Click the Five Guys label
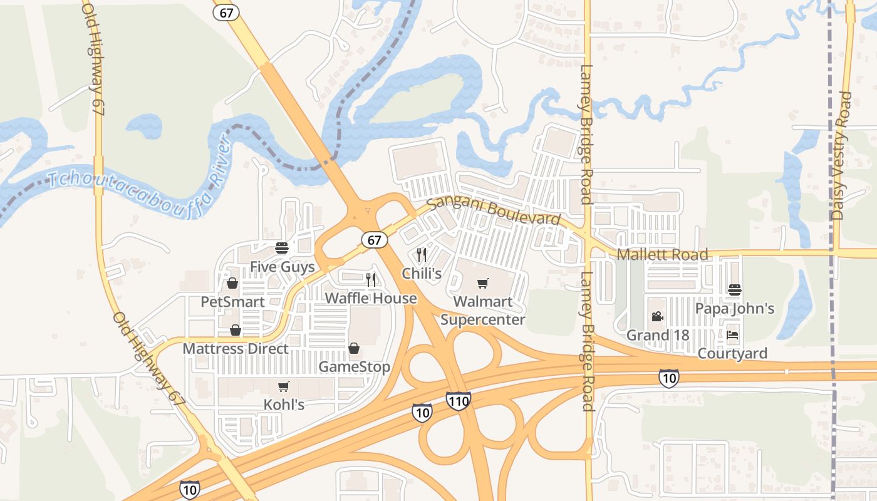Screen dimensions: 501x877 [282, 267]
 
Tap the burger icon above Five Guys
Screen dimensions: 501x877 [281, 248]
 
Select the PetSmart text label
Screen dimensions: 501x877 [232, 302]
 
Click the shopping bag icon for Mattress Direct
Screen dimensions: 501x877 [236, 330]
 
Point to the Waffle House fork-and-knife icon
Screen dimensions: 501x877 [371, 279]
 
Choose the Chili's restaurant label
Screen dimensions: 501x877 [422, 274]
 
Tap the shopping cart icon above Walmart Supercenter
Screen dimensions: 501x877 [482, 284]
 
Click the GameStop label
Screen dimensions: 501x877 [354, 366]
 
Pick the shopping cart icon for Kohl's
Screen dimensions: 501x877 [284, 386]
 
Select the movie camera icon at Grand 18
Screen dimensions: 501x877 [657, 317]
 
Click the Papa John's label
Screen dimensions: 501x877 [735, 309]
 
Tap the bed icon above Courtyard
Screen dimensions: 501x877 [732, 335]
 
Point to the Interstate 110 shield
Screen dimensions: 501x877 [459, 401]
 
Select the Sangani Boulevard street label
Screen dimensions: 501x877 [493, 210]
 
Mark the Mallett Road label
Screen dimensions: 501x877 [662, 254]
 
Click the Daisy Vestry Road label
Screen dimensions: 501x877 [842, 155]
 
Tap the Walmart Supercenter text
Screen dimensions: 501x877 [482, 311]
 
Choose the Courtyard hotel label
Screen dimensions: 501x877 [732, 354]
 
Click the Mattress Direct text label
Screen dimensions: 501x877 [236, 349]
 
